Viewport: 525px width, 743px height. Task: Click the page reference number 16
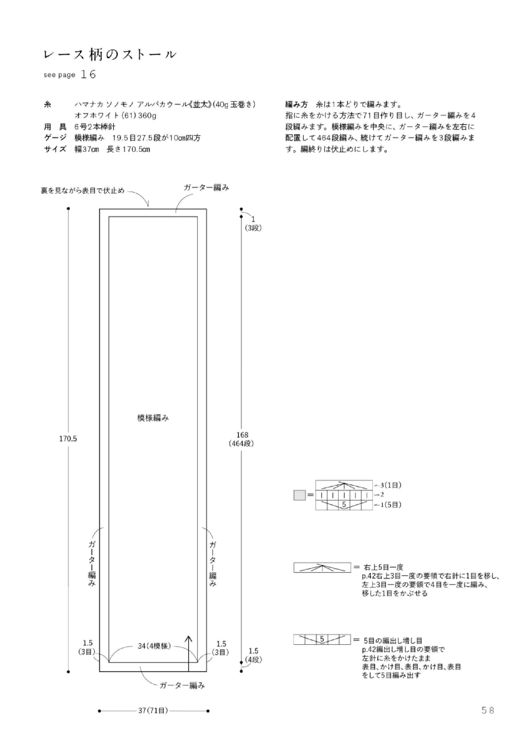[88, 75]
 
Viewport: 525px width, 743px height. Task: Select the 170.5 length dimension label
[68, 439]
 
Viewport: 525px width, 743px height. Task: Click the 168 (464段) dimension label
[242, 439]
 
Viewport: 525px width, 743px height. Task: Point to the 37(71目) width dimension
[153, 711]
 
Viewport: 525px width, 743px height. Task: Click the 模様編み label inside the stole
[153, 418]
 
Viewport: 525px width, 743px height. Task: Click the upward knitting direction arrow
[189, 653]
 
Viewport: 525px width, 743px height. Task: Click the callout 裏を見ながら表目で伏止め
[83, 190]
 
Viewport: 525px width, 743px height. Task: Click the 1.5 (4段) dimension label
[253, 655]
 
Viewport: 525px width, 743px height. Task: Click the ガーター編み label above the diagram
[206, 187]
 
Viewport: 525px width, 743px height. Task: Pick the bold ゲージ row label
[55, 138]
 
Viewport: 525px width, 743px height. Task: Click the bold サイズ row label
[55, 149]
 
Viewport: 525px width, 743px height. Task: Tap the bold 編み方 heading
[296, 105]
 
